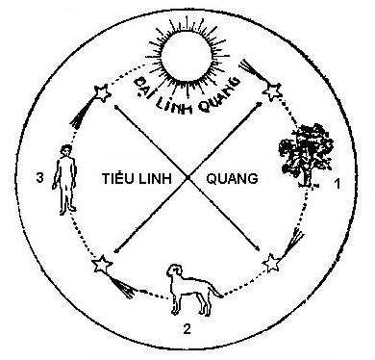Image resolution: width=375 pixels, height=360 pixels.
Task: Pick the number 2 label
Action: pos(187,332)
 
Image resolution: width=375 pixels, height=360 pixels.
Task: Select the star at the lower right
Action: pos(272,261)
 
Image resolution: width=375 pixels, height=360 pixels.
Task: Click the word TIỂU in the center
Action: pos(119,179)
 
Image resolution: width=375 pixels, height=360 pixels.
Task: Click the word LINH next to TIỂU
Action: pos(158,179)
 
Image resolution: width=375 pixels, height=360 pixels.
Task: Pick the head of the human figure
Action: pos(65,151)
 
